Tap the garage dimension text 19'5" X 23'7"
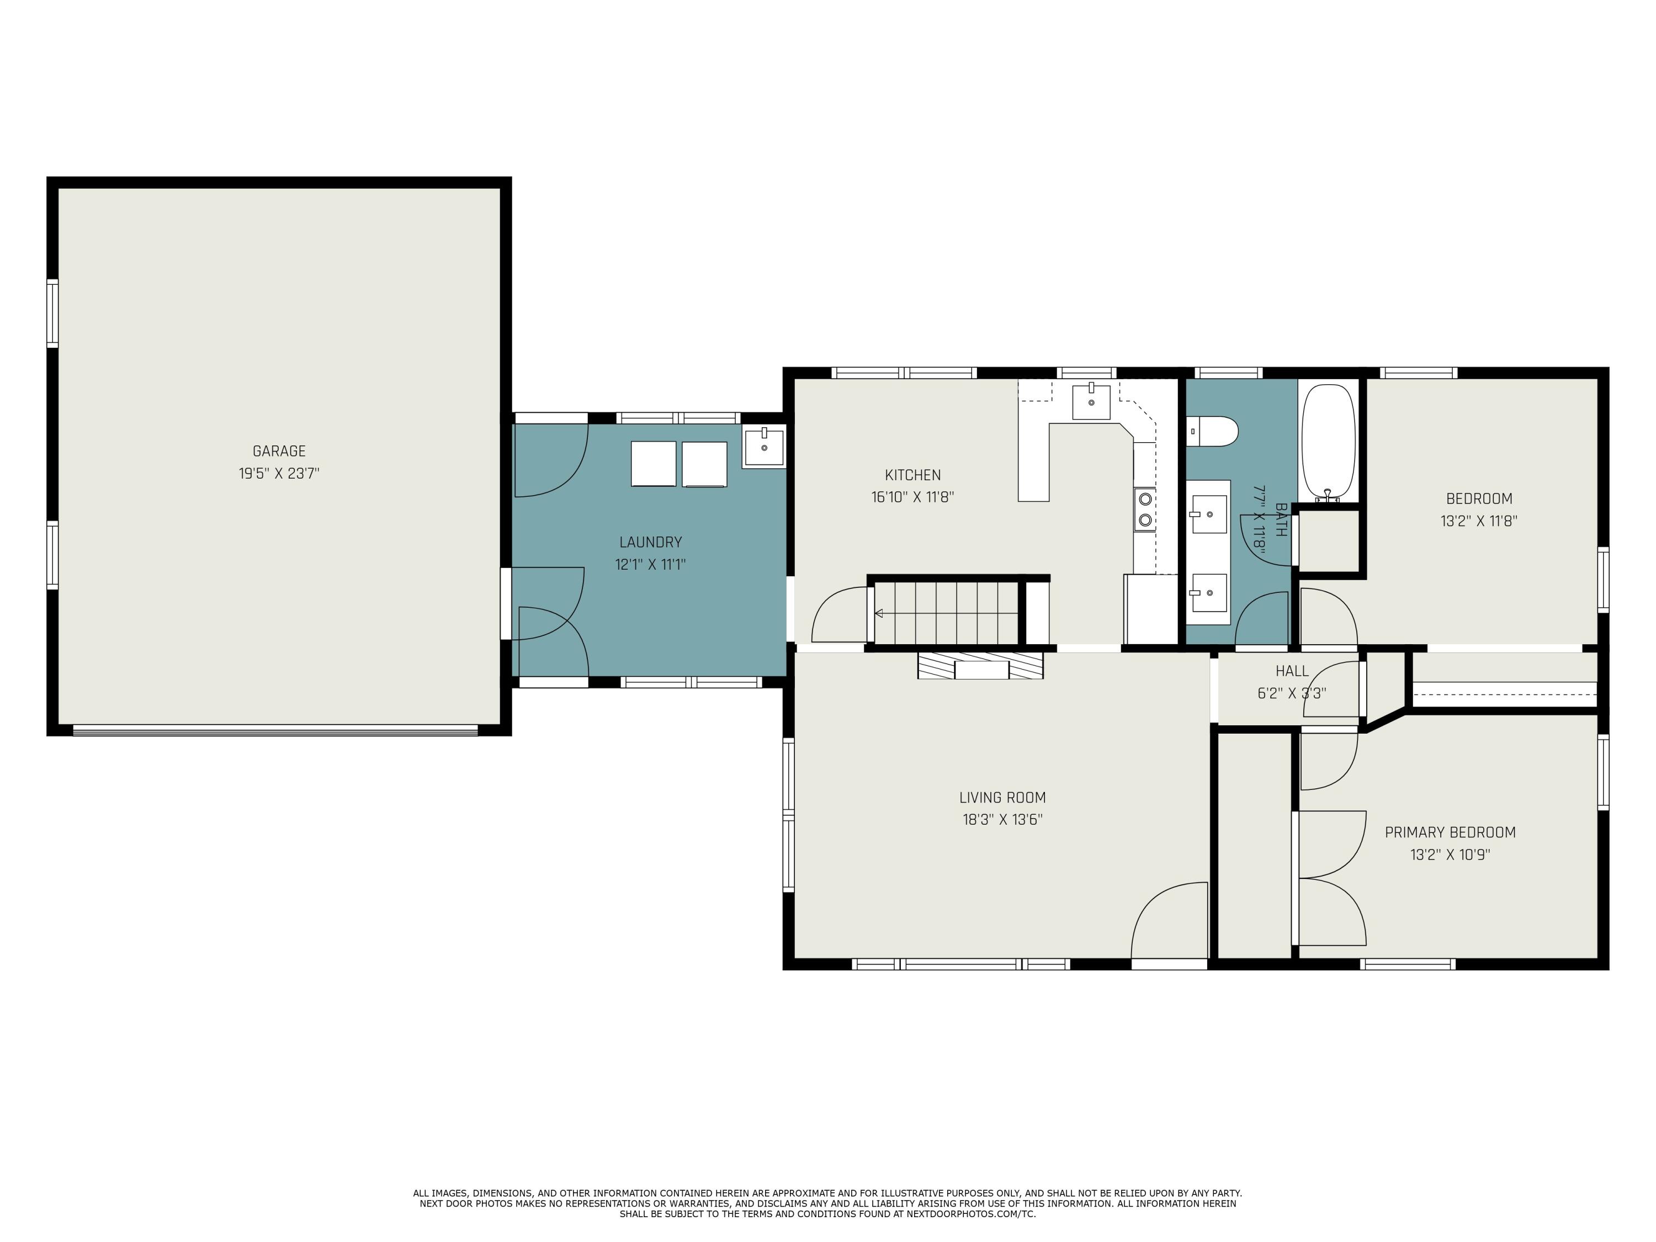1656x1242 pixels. [279, 473]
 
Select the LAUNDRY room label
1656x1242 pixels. [651, 542]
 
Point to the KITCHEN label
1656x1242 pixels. [912, 475]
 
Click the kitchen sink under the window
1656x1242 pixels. [1091, 402]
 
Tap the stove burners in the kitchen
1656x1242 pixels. [1145, 509]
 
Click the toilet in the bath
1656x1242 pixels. [1212, 432]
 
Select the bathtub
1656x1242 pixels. [1328, 443]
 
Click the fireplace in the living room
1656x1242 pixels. [981, 666]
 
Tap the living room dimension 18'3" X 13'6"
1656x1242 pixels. [1002, 820]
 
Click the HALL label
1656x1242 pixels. [1292, 671]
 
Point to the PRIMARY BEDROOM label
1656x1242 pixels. [1450, 832]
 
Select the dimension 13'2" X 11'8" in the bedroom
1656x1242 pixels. [1479, 521]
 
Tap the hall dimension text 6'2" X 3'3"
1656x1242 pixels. [1292, 693]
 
